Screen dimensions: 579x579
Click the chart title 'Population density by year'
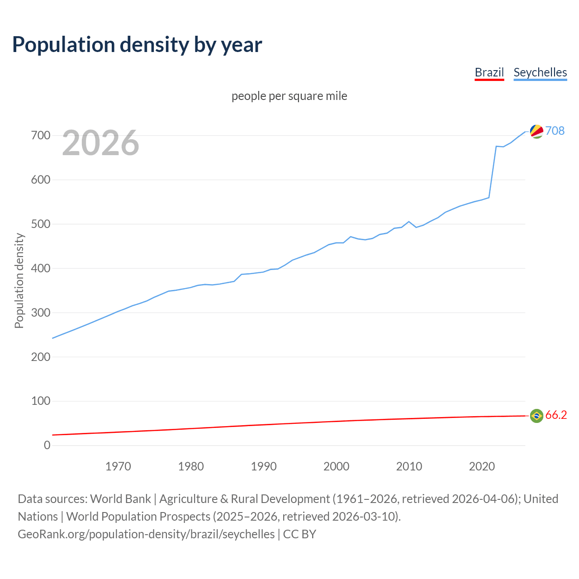coord(137,44)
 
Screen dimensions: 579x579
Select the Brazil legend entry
coord(489,72)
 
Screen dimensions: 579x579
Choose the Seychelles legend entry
coord(540,72)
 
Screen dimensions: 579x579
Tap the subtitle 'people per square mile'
coord(289,96)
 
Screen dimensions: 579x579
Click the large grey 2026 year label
coord(100,143)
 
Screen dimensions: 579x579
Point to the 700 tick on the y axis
coord(41,135)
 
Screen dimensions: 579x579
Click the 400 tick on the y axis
coord(41,268)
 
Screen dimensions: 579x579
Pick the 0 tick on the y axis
coord(47,445)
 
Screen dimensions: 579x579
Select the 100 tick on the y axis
coord(41,401)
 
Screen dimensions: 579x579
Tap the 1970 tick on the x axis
coord(118,466)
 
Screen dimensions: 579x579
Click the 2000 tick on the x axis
coord(336,466)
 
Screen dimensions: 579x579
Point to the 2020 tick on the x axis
coord(482,466)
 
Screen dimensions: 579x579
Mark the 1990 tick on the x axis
coord(264,466)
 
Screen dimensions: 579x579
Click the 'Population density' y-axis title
coord(19,280)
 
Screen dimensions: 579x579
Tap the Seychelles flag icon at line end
coord(536,131)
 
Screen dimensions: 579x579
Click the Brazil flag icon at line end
coord(536,416)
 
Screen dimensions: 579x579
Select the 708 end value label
coord(555,131)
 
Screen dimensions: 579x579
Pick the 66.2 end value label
coord(556,415)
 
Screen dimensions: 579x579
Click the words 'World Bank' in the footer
coord(120,499)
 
